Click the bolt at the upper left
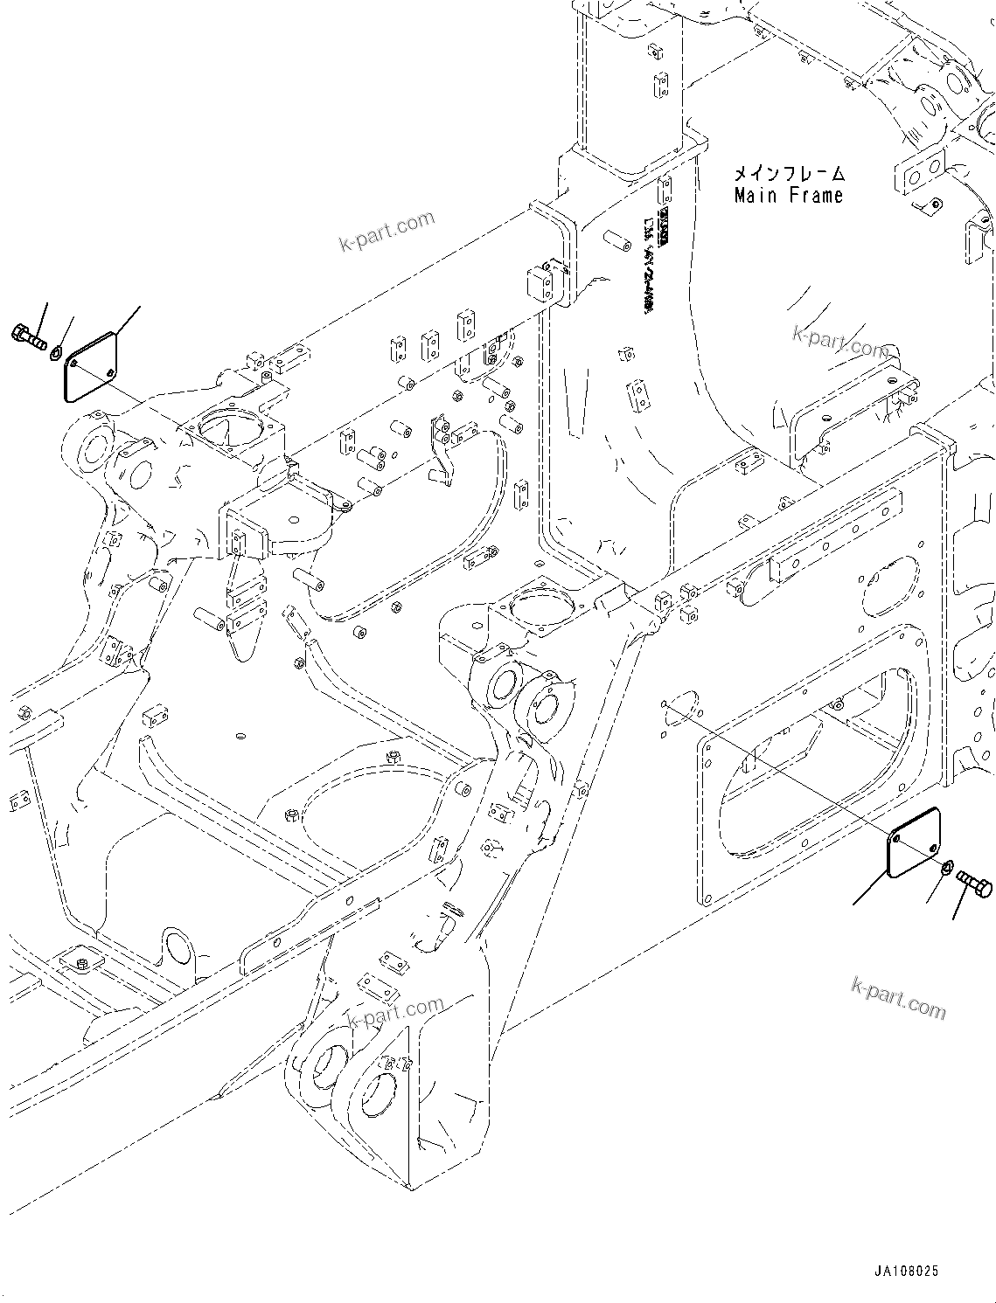[x=29, y=336]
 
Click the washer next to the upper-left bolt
[x=55, y=351]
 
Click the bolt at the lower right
[x=974, y=881]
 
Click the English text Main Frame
[x=788, y=196]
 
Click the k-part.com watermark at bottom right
[x=897, y=997]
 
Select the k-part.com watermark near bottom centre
[x=394, y=1014]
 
